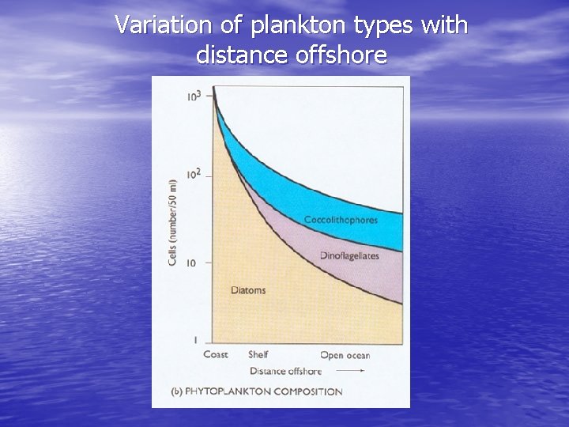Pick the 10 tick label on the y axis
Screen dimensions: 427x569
[x=192, y=263]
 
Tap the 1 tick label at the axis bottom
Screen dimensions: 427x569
[x=194, y=340]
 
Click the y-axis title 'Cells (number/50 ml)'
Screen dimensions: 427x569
[x=172, y=221]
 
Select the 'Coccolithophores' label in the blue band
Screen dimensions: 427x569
[x=341, y=220]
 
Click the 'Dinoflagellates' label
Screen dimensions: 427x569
[x=349, y=255]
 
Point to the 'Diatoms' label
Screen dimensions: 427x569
[x=248, y=290]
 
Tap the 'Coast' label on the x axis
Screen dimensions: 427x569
[x=216, y=354]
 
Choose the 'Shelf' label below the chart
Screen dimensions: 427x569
[x=258, y=354]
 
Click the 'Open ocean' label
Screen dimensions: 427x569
[x=345, y=355]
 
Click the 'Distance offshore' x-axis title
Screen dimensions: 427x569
[x=285, y=371]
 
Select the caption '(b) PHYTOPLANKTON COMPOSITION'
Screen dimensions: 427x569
[x=257, y=391]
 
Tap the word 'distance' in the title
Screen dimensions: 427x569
[x=232, y=55]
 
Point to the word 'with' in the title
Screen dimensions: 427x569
[x=444, y=25]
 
